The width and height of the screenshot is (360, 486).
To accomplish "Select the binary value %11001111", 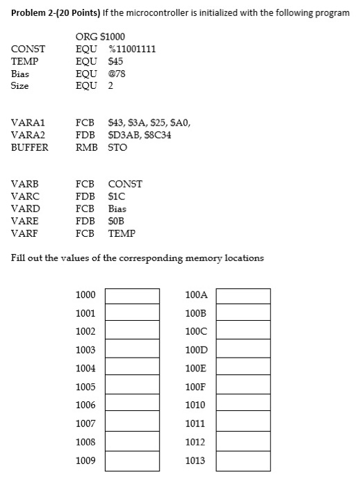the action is click(x=132, y=49).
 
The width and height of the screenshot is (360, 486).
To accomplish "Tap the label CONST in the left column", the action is click(x=28, y=49).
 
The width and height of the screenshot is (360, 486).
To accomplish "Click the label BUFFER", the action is click(x=30, y=147).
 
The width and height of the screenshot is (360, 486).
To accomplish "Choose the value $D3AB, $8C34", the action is click(x=140, y=135).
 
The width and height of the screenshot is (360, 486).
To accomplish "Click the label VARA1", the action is click(x=28, y=123).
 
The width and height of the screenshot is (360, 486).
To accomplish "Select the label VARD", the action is click(x=26, y=208).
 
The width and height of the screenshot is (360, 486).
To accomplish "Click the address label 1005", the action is click(x=85, y=387).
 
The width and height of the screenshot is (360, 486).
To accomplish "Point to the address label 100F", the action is click(x=197, y=387).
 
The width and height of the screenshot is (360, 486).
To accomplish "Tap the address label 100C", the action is click(x=197, y=332).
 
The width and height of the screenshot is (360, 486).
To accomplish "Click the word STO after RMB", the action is click(x=117, y=147).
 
